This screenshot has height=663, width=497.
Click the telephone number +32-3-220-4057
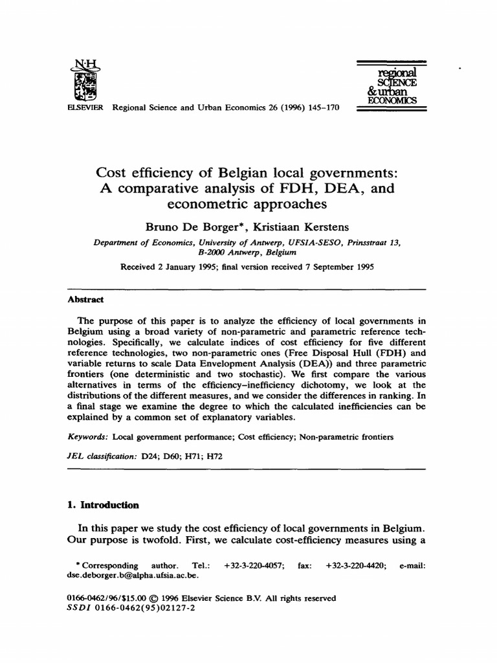click(x=252, y=565)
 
